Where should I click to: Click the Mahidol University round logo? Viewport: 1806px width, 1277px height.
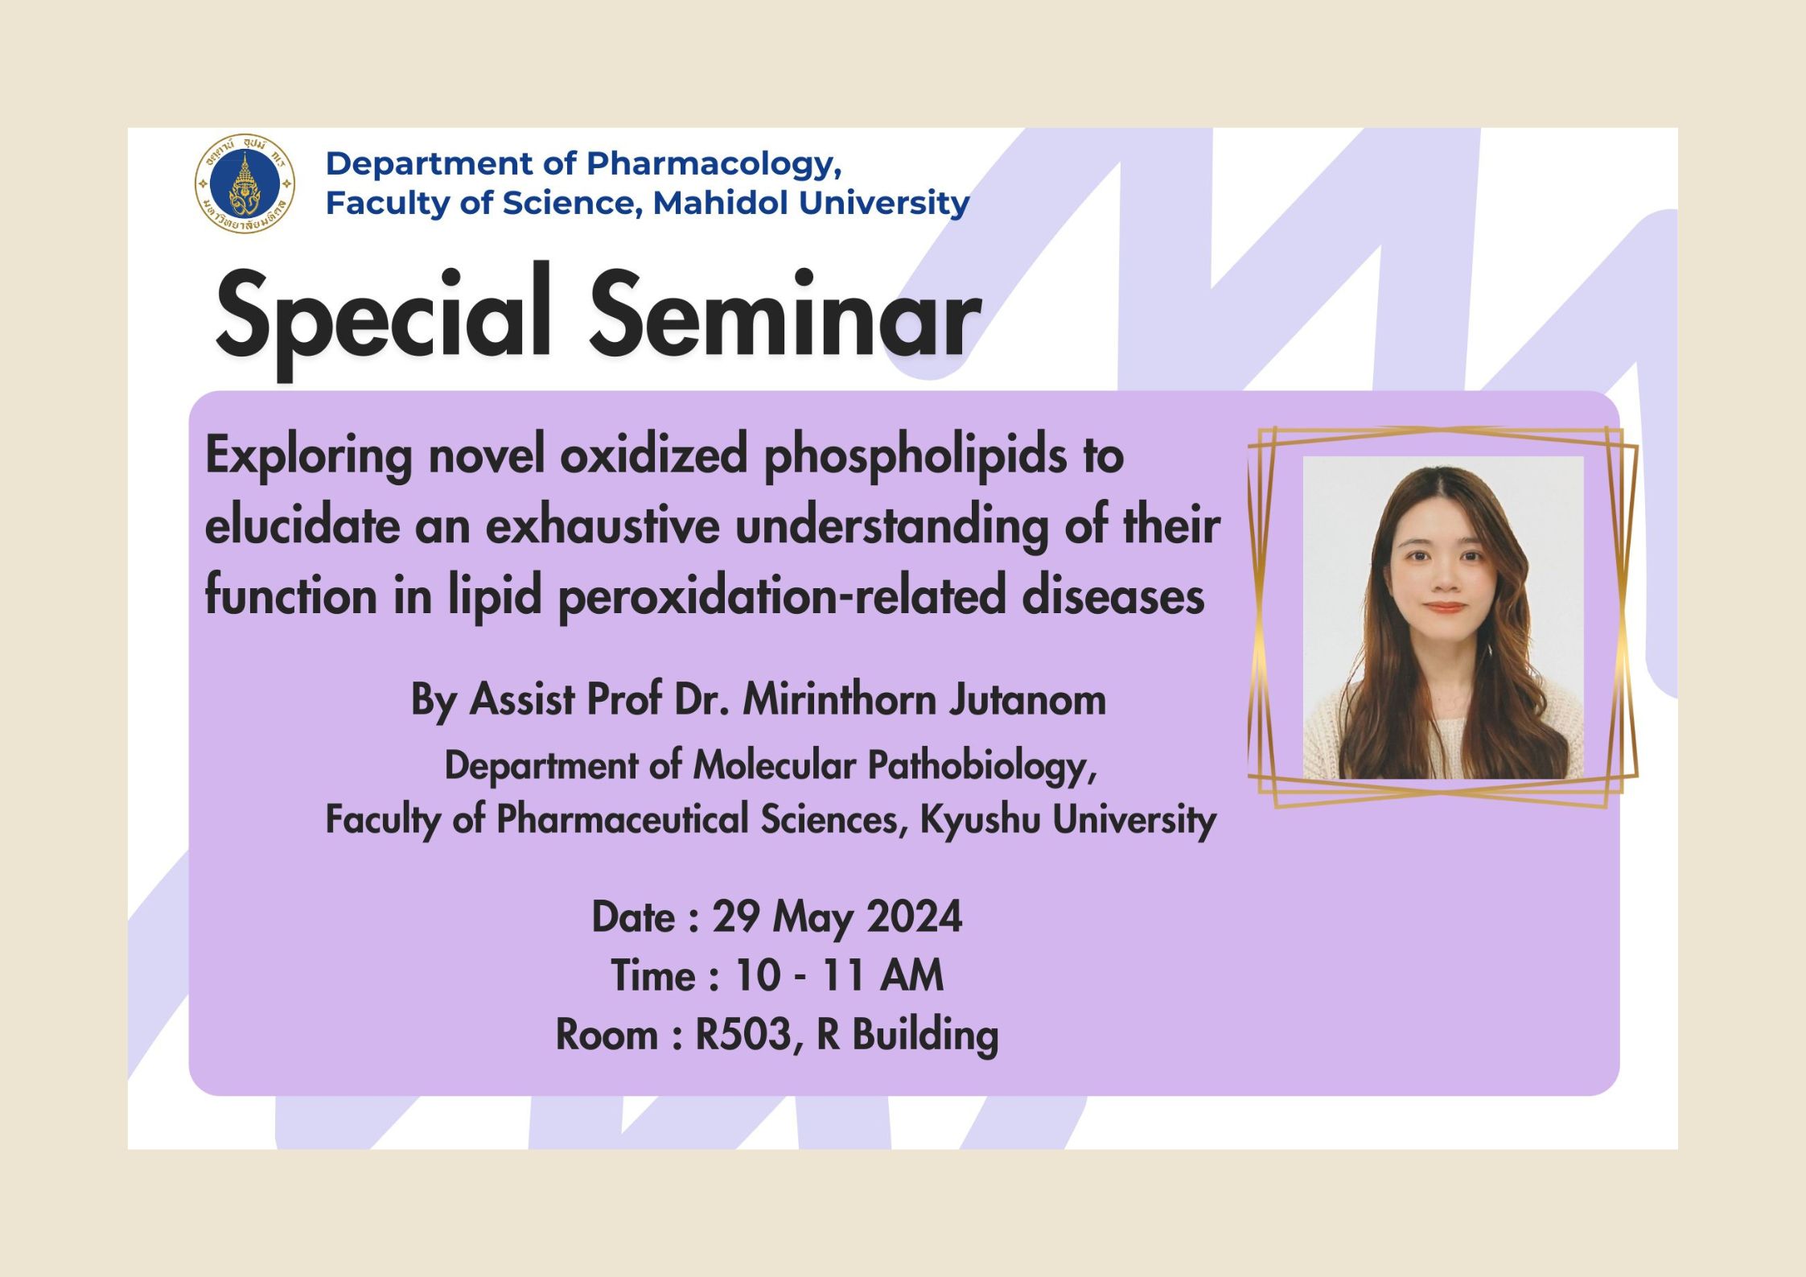245,184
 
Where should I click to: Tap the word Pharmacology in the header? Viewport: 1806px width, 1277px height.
714,165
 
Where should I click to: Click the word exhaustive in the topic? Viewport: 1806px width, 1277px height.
603,526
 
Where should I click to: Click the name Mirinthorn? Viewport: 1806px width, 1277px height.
839,699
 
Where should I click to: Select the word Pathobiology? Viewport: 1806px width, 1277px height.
981,766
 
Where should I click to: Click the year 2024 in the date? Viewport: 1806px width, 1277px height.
915,917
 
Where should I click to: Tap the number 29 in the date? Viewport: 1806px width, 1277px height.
736,917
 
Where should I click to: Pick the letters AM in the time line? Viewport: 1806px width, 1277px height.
911,976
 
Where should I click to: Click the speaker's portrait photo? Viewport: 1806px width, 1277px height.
1443,617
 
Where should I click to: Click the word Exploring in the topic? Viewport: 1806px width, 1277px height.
309,457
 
